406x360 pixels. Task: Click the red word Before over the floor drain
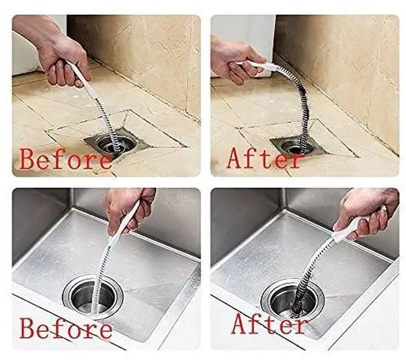coord(66,159)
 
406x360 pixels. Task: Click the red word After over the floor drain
coord(264,158)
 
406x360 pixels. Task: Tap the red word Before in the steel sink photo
coord(66,328)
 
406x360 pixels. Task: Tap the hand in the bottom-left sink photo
coord(128,211)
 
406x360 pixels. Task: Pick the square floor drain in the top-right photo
coord(297,146)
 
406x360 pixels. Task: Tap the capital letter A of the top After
coord(236,158)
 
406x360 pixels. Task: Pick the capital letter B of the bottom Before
coord(28,328)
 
